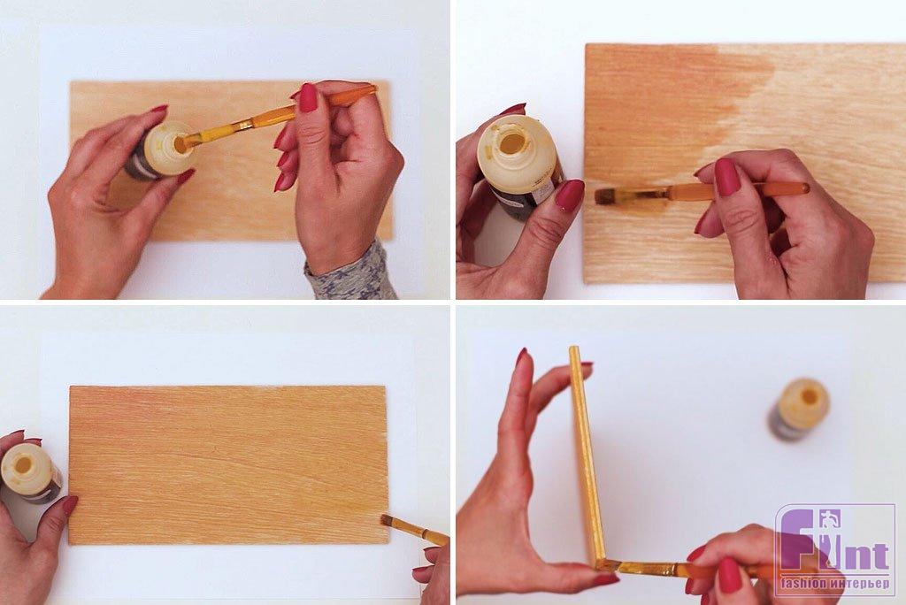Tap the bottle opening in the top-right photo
[x=513, y=142]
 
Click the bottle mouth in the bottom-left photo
[x=23, y=464]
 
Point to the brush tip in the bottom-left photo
[x=388, y=520]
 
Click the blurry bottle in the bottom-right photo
[x=799, y=409]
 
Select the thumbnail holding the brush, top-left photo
[x=308, y=97]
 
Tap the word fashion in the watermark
[x=803, y=584]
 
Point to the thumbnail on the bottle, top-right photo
[x=569, y=195]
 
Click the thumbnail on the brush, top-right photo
[x=728, y=177]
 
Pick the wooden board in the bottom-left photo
[x=228, y=465]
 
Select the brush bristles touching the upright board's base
[x=610, y=564]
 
